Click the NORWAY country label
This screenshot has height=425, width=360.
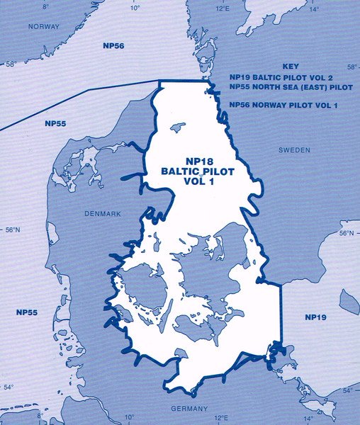click(44, 26)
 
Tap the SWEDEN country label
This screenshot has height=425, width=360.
click(294, 150)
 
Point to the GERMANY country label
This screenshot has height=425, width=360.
click(189, 409)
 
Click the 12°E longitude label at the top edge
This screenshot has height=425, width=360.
click(223, 6)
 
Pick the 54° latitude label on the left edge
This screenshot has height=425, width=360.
click(9, 387)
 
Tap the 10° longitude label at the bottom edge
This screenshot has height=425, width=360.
click(130, 417)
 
